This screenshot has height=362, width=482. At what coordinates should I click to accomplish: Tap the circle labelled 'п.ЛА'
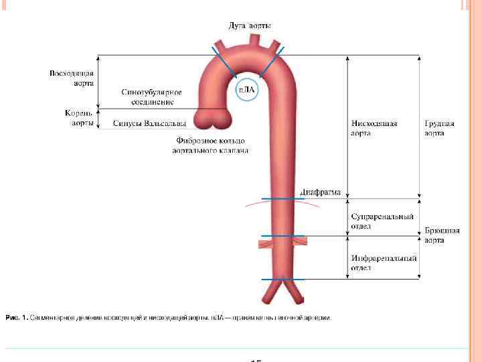coord(248,90)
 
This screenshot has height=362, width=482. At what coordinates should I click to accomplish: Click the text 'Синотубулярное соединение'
coord(147,97)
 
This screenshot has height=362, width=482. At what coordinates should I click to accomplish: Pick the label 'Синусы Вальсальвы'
coord(149,123)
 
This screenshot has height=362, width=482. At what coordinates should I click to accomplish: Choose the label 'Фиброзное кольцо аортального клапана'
coord(211,145)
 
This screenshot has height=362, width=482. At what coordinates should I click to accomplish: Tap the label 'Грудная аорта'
coord(439,128)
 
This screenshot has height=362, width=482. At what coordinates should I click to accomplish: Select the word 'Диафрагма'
coord(320,192)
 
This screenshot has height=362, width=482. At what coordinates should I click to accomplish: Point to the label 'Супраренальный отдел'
coord(382,221)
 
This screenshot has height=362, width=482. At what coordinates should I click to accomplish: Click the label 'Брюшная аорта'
coord(443,235)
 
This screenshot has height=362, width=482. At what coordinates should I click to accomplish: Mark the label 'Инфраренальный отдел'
coord(384,263)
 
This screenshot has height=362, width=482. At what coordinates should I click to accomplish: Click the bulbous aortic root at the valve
coord(213,120)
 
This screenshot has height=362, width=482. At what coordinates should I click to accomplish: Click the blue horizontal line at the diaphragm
coord(283,199)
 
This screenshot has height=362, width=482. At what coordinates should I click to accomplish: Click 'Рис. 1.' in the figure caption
coord(17,318)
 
